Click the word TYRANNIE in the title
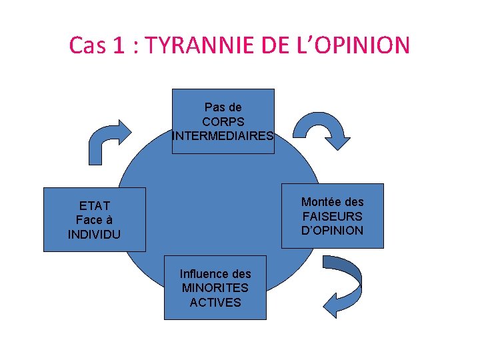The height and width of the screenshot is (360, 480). tap(198, 45)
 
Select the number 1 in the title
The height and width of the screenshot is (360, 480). tap(119, 45)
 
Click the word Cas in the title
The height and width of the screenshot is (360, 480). tap(87, 45)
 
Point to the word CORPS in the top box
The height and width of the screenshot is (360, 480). tap(223, 121)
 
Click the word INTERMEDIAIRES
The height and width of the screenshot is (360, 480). tap(223, 136)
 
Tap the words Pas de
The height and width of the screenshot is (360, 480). tap(223, 107)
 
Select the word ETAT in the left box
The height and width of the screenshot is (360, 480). tap(94, 205)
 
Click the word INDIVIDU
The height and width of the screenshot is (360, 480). tap(94, 235)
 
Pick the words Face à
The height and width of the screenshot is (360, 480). tap(94, 220)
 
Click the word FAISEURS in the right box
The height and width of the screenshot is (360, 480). tap(333, 216)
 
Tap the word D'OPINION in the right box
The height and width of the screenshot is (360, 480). tap(333, 231)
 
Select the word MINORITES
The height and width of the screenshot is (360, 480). tap(215, 288)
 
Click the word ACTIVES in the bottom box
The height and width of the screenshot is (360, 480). tap(215, 303)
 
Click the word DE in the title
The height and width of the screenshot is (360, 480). tap(271, 45)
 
